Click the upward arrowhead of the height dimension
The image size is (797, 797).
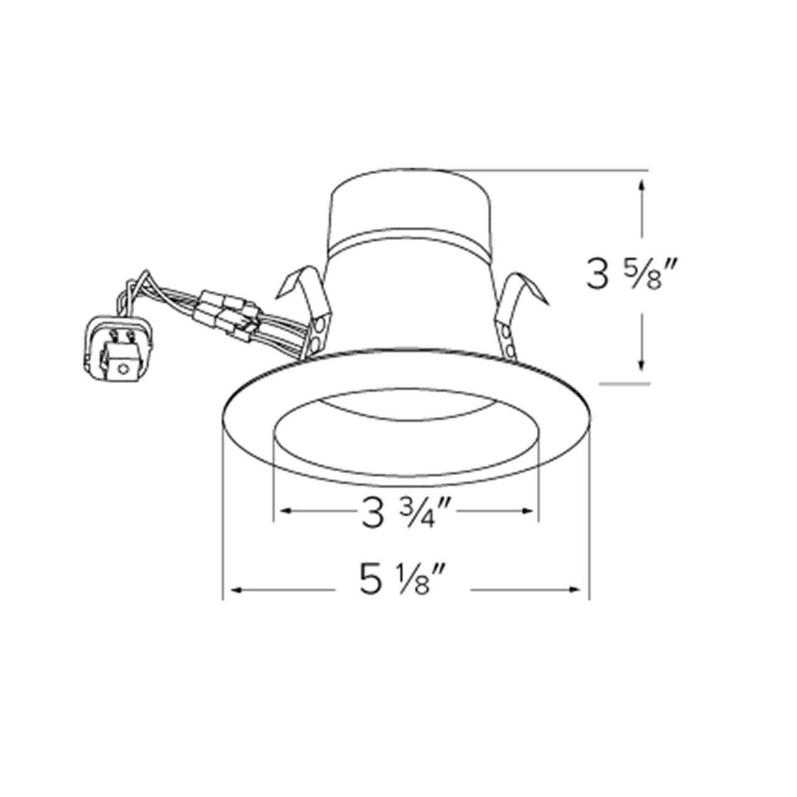tap(642, 186)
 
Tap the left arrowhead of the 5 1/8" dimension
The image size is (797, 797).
tap(237, 588)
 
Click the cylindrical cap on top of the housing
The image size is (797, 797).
tap(407, 205)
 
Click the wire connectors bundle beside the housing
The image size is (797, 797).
tap(230, 311)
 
